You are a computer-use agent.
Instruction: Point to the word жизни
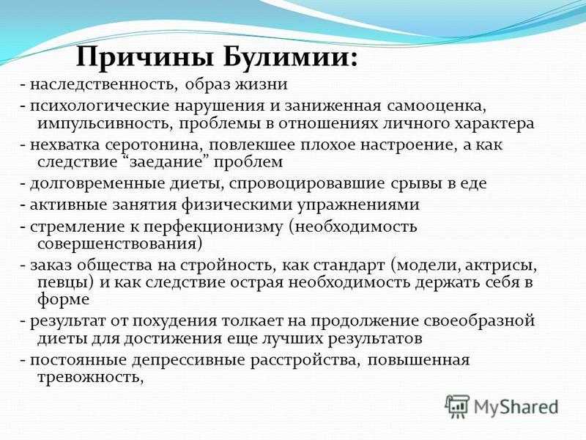(x=262, y=84)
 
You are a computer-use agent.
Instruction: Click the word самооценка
(x=437, y=106)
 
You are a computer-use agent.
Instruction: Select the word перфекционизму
(x=213, y=227)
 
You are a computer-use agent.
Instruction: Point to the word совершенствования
(x=119, y=244)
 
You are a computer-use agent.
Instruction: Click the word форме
(x=64, y=300)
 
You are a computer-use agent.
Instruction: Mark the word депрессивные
(x=189, y=361)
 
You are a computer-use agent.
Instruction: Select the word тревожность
(x=91, y=377)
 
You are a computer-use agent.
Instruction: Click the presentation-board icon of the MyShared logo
(x=457, y=406)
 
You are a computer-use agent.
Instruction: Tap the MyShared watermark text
(x=516, y=407)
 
